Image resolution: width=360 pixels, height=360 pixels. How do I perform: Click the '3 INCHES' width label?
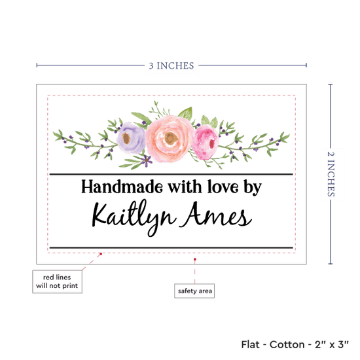tap(171, 65)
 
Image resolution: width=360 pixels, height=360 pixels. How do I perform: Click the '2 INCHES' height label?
tap(331, 174)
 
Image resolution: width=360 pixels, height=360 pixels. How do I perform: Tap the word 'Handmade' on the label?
tap(122, 187)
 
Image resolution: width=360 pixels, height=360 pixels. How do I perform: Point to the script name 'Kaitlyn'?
tap(134, 217)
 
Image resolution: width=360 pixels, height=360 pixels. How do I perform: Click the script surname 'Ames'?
tap(216, 215)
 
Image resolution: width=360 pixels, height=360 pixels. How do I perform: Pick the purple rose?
tap(131, 137)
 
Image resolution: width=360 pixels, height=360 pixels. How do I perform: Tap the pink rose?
tap(206, 142)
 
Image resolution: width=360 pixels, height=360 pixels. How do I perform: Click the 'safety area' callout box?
tap(194, 291)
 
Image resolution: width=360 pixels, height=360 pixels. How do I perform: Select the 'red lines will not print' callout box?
tap(57, 281)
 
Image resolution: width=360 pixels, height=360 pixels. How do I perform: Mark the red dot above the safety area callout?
tap(194, 259)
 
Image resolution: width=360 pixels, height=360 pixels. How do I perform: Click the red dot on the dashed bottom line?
tap(101, 254)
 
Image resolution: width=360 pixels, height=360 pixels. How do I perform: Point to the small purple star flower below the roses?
tap(146, 160)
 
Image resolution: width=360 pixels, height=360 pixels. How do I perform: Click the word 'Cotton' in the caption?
tap(287, 344)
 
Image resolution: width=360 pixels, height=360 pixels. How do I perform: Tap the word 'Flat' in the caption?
tap(250, 344)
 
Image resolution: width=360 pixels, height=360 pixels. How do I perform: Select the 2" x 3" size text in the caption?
tap(332, 344)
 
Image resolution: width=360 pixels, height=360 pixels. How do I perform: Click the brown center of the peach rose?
tap(171, 138)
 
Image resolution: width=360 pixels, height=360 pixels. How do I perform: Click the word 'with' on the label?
tap(185, 187)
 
